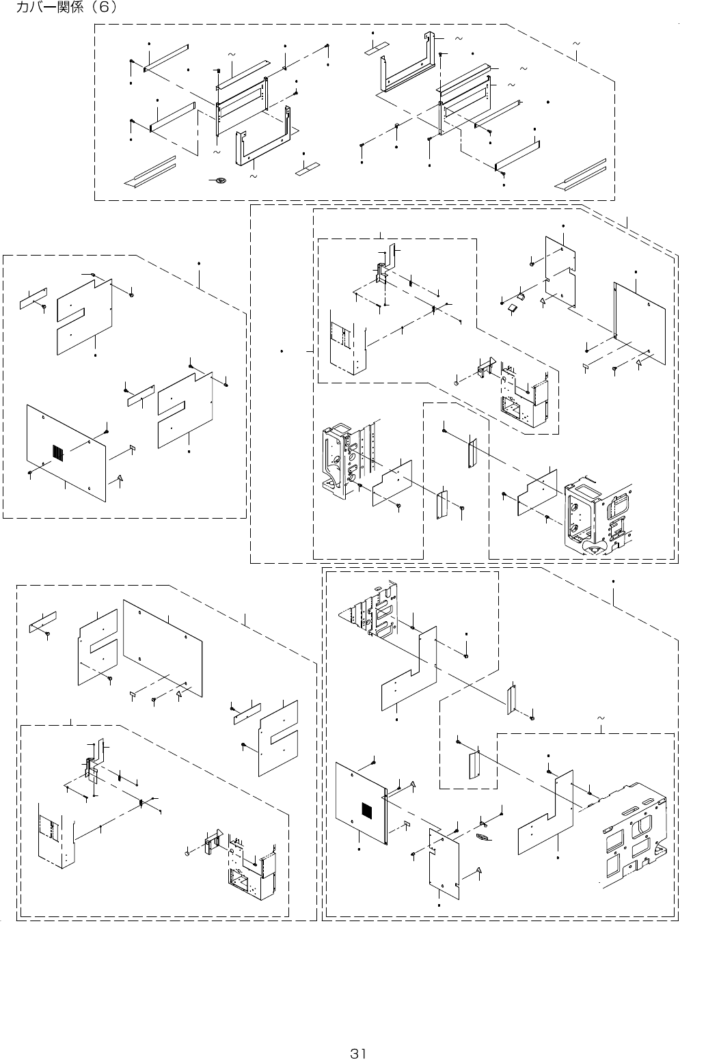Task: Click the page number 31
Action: [358, 1053]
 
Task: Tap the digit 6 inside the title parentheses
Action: [106, 8]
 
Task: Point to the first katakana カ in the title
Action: [22, 8]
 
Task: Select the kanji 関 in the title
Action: [64, 8]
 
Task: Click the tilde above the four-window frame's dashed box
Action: [601, 719]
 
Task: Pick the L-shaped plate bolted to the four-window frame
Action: [547, 813]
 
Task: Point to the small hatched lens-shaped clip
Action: [483, 836]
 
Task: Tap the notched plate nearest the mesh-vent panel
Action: [444, 861]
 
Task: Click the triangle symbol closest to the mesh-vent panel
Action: [413, 784]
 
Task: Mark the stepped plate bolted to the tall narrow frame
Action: [392, 482]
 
